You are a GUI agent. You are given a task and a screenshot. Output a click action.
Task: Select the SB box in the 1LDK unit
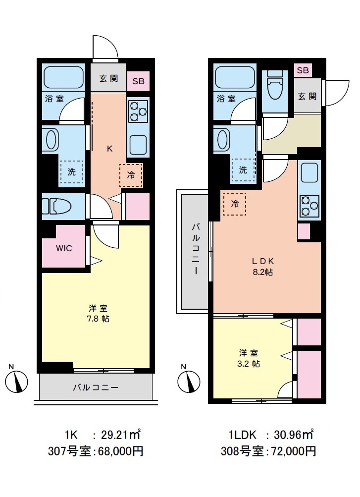point(303,70)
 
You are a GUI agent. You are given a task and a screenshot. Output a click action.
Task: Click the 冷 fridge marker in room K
point(131,174)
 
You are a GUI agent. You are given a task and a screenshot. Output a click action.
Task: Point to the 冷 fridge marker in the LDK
point(235,203)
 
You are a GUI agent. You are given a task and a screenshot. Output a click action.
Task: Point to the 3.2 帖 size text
point(249,363)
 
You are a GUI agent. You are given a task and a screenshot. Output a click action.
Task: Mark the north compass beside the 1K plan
point(18,381)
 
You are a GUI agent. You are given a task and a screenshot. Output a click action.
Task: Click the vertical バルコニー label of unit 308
point(195,250)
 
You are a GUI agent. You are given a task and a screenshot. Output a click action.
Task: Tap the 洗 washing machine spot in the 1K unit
point(72,173)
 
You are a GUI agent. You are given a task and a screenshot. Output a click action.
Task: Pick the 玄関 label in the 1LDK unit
point(307,96)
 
